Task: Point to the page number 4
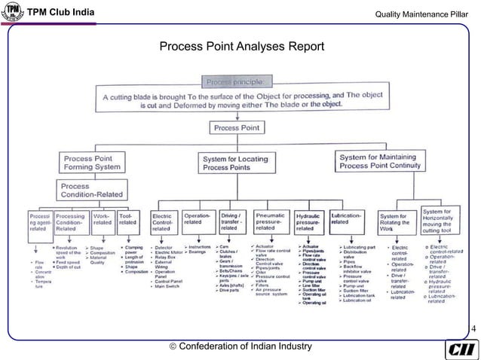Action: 473,329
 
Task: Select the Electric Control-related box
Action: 164,222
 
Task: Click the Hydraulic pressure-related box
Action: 310,223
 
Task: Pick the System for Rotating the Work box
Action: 397,223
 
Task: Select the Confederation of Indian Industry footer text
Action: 242,346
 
